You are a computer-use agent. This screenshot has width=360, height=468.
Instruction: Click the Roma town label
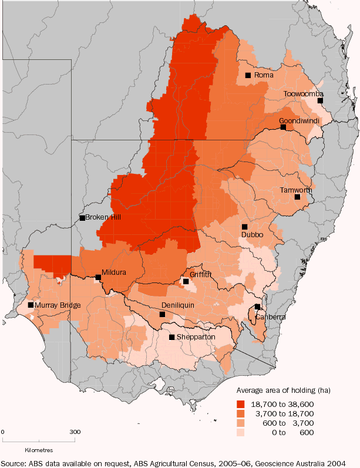[x=264, y=76]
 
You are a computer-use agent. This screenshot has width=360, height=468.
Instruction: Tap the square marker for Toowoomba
[x=321, y=101]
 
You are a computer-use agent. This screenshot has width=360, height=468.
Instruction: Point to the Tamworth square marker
[x=298, y=197]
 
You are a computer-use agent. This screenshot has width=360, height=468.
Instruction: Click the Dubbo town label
[x=252, y=235]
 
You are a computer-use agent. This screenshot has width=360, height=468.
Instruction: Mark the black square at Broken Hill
[x=82, y=218]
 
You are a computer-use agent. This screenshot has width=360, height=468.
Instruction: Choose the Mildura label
[x=114, y=272]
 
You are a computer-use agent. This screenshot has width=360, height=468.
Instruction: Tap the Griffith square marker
[x=186, y=282]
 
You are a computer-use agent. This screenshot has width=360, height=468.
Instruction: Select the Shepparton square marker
[x=171, y=337]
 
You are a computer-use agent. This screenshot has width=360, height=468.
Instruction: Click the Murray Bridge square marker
[x=31, y=305]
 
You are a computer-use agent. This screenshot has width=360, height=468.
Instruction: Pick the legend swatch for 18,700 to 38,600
[x=241, y=404]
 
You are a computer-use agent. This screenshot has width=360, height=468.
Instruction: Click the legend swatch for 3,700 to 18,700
[x=241, y=413]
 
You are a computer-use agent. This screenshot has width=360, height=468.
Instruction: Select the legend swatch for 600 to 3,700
[x=241, y=423]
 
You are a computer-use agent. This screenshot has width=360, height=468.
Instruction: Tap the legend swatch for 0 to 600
[x=241, y=432]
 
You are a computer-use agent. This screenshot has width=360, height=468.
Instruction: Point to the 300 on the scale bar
[x=75, y=432]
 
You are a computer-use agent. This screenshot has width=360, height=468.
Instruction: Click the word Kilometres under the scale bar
[x=39, y=450]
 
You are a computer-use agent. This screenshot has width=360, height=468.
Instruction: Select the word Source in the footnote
[x=13, y=462]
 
